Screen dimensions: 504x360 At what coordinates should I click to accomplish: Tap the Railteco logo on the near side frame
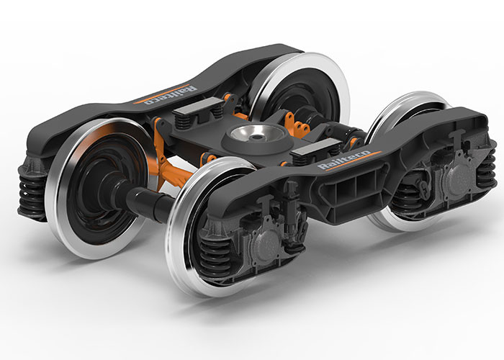[x=343, y=161]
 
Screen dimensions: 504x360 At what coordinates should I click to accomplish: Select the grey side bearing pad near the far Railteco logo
[x=195, y=106]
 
